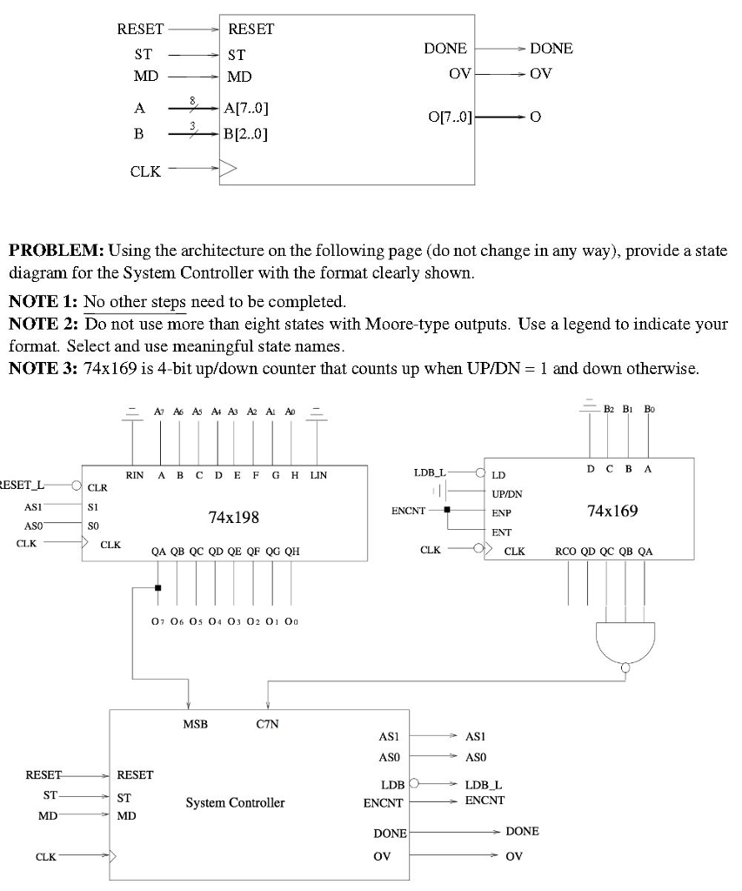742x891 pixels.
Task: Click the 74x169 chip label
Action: (612, 510)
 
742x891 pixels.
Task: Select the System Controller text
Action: (235, 802)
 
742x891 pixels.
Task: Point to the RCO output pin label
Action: (566, 551)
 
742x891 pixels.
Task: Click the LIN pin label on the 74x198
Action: (318, 475)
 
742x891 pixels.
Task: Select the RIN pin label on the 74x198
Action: (134, 475)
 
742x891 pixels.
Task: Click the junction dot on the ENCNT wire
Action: (447, 510)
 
